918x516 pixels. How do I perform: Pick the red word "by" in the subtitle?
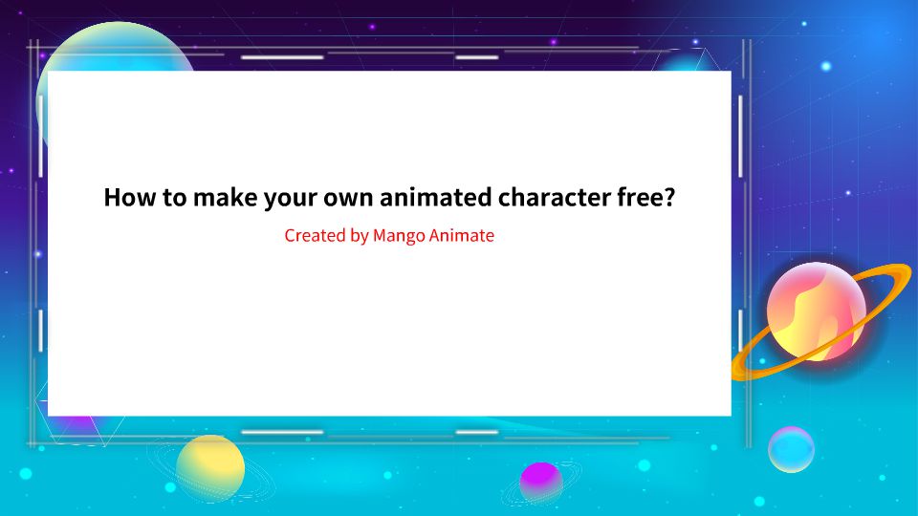click(359, 236)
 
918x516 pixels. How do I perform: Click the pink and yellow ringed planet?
click(816, 312)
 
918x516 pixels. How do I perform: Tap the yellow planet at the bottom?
click(210, 468)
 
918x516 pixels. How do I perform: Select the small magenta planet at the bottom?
click(541, 479)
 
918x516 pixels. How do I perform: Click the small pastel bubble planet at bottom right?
click(791, 449)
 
